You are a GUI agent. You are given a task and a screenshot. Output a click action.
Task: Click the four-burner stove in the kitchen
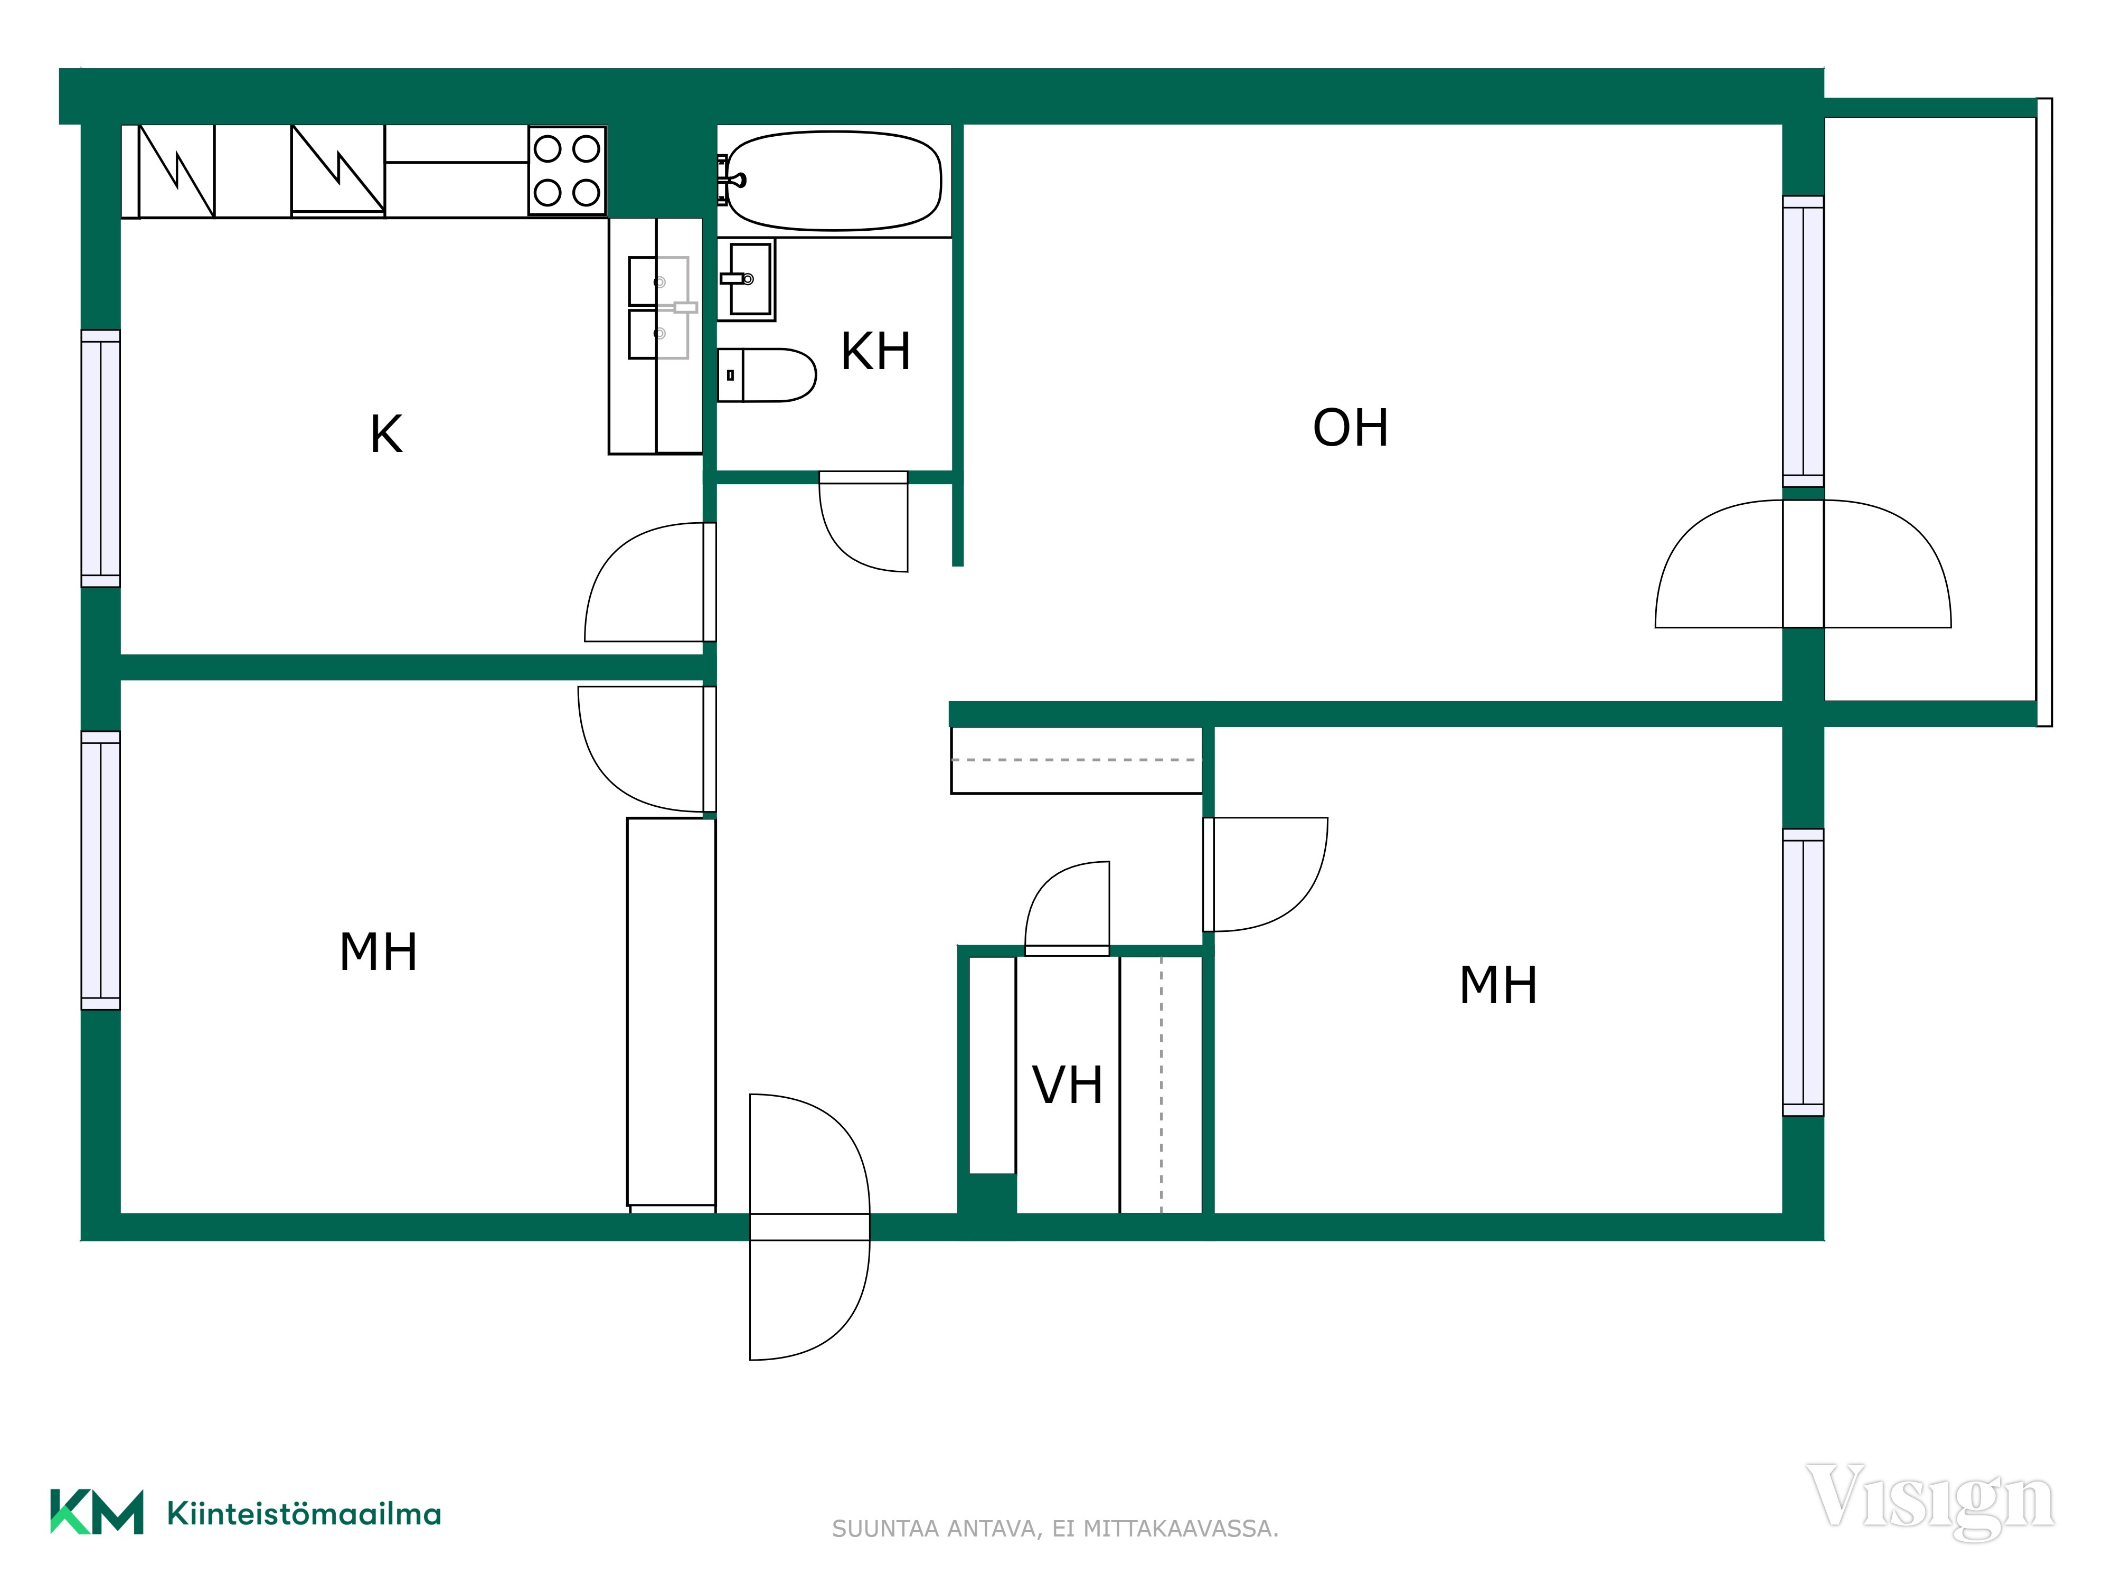pyautogui.click(x=567, y=171)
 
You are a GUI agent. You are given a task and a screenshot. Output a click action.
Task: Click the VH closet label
pyautogui.click(x=1068, y=1086)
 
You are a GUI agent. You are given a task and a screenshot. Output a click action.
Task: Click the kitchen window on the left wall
pyautogui.click(x=100, y=458)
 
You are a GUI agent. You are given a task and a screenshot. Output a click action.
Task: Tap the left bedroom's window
pyautogui.click(x=100, y=871)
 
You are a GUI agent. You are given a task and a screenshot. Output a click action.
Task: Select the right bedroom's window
pyautogui.click(x=1803, y=972)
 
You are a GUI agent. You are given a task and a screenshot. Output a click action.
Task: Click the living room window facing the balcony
pyautogui.click(x=1803, y=341)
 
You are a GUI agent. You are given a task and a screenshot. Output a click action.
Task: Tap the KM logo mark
pyautogui.click(x=97, y=1512)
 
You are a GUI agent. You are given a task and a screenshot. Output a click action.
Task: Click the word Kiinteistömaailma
pyautogui.click(x=304, y=1513)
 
